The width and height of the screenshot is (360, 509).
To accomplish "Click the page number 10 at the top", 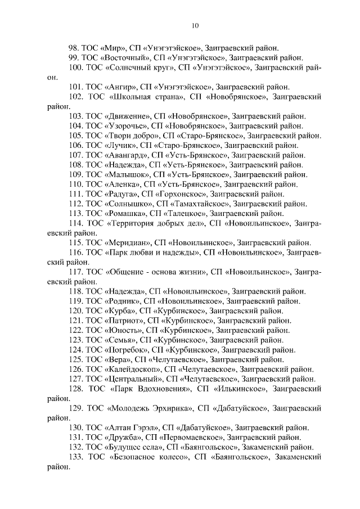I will point(195,25).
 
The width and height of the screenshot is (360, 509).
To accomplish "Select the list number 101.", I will point(76,87).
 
